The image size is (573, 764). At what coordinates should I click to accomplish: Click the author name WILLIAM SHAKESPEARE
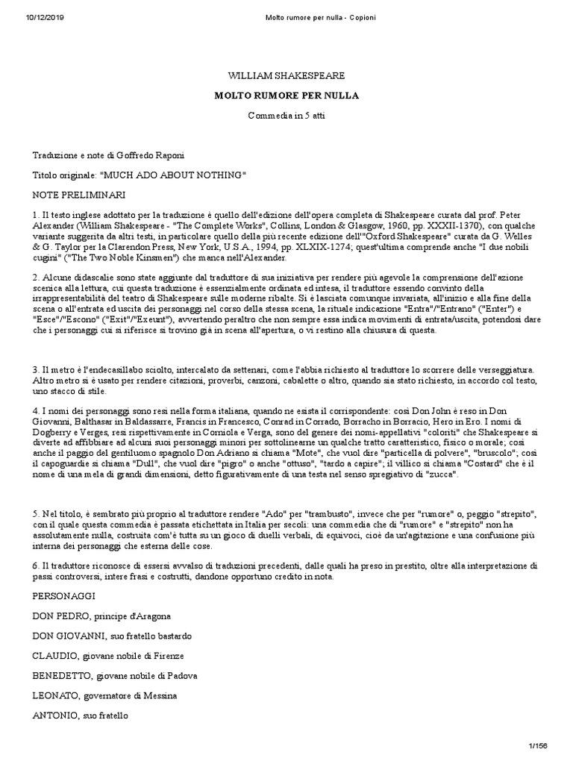coord(286,77)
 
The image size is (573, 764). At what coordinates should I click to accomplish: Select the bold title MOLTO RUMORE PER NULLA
coord(286,96)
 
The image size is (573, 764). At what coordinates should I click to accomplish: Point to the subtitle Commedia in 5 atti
coord(286,116)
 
